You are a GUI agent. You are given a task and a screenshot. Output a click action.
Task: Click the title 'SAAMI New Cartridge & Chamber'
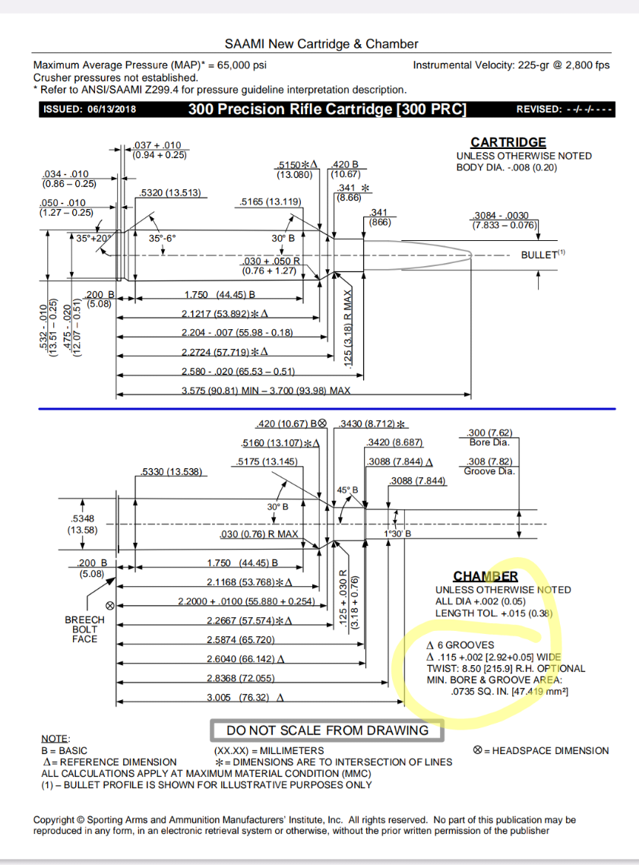point(321,44)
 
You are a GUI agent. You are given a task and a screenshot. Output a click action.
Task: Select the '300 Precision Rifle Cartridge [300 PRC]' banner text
point(327,109)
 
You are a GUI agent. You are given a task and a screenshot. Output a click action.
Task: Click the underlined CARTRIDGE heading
point(508,142)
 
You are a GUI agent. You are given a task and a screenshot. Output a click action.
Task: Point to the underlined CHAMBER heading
point(486,576)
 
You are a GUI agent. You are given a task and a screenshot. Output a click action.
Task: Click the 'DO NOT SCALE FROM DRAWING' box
point(327,730)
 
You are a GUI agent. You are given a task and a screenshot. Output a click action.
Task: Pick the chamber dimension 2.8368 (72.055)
point(239,678)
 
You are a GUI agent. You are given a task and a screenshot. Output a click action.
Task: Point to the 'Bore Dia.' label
point(490,442)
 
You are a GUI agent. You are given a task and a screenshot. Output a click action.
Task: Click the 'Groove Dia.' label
point(489,471)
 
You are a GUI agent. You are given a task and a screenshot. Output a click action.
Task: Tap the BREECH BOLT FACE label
point(84,629)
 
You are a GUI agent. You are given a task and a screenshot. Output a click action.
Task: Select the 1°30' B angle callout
point(397,534)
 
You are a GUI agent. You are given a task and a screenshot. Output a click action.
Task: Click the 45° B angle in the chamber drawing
point(347,491)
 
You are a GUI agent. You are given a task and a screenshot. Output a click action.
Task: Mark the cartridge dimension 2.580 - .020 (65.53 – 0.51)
point(238,371)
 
